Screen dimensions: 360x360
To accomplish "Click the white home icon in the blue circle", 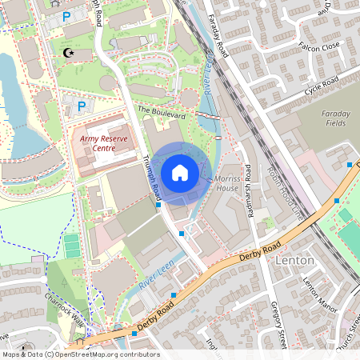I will [180, 172].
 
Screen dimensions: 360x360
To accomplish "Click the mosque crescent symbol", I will [67, 53].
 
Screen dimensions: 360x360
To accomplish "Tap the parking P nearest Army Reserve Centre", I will [80, 106].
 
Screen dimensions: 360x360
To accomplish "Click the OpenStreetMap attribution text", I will [80, 354].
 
